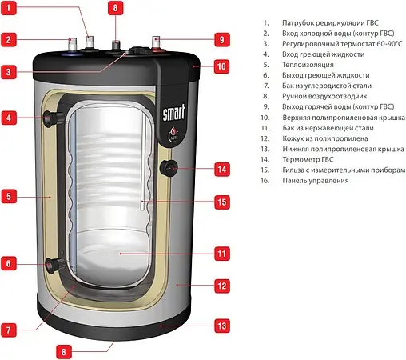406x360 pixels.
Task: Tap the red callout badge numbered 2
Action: [9, 38]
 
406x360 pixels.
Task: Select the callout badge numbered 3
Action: [9, 72]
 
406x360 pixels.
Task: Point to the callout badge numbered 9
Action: [221, 38]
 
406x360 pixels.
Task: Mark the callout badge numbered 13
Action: [222, 326]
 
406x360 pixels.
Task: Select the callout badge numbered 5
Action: [9, 194]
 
